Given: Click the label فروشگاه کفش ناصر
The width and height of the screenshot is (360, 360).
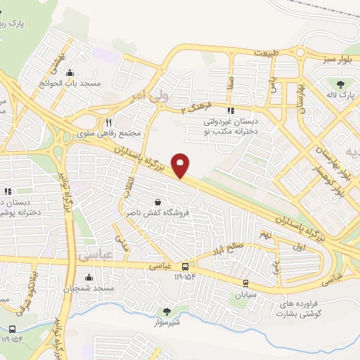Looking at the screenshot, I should coord(154,211).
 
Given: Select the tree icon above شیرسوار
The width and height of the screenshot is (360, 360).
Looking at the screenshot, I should coord(167,311).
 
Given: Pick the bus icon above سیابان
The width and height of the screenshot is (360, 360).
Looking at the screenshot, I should coord(245,283).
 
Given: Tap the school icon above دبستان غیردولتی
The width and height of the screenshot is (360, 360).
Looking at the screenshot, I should coord(230,110).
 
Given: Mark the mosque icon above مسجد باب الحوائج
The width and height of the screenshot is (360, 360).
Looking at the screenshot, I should coord(69,72).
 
